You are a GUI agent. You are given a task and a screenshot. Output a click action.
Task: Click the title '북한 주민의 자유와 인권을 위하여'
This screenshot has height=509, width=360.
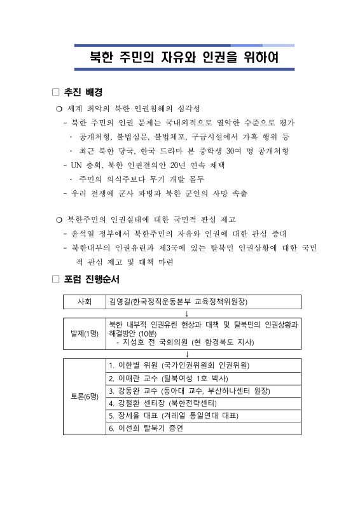[x=184, y=59]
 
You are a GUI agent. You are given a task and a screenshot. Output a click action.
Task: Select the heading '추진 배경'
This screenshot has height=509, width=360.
[x=84, y=92]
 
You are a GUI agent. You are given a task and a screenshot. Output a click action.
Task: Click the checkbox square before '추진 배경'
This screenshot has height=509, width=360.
[x=55, y=92]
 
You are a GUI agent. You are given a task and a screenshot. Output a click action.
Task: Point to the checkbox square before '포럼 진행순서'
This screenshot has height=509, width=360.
[x=55, y=279]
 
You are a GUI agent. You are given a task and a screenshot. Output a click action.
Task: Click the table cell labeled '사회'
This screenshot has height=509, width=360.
[x=84, y=301]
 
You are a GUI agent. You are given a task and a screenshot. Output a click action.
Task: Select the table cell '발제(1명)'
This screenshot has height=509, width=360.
[x=84, y=333]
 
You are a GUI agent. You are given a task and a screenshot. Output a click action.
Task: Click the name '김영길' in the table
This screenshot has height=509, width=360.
[x=121, y=301]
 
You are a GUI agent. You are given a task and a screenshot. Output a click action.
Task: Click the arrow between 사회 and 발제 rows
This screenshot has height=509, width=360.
[x=186, y=312]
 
